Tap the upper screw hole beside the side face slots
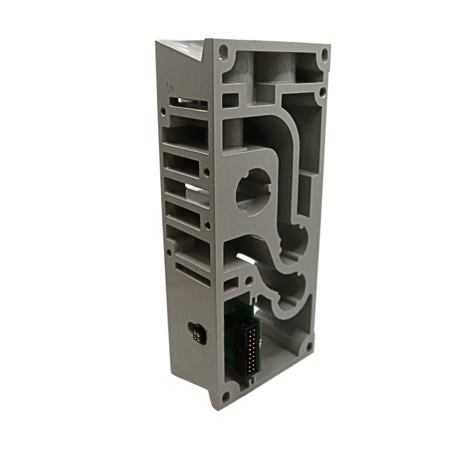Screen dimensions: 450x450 point(208,171)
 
